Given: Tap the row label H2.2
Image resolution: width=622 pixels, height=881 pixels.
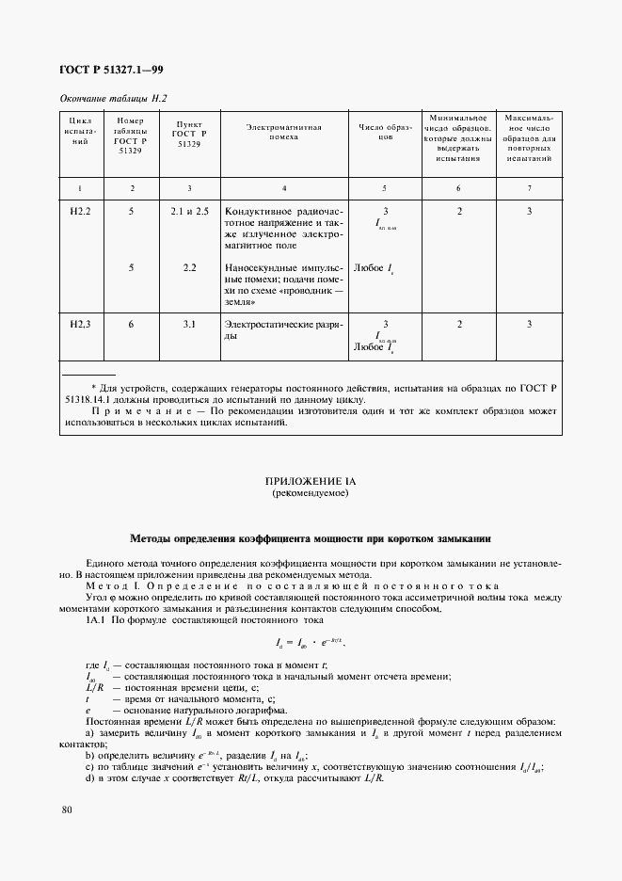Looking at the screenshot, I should pos(80,212).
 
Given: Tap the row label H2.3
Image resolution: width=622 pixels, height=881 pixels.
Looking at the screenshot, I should pos(80,325).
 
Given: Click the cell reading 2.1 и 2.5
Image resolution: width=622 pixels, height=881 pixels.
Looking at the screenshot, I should pos(189,212).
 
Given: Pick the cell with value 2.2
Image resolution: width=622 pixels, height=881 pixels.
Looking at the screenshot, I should pos(189,268).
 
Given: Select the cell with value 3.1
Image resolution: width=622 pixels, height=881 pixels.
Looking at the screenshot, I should pos(189,325).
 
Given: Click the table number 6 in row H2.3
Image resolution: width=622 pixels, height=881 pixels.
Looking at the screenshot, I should pos(131,325).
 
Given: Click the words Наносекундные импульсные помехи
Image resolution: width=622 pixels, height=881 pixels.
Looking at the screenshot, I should pos(283,268).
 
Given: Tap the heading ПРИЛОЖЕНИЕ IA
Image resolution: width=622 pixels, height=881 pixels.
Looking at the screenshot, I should pos(311,481).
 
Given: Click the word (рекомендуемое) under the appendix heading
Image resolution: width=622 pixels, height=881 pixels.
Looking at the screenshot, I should pos(311,493).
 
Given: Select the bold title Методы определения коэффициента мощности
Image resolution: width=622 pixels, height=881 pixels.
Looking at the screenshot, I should pos(311,539).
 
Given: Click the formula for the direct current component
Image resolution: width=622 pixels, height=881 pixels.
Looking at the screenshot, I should pos(311,643).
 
